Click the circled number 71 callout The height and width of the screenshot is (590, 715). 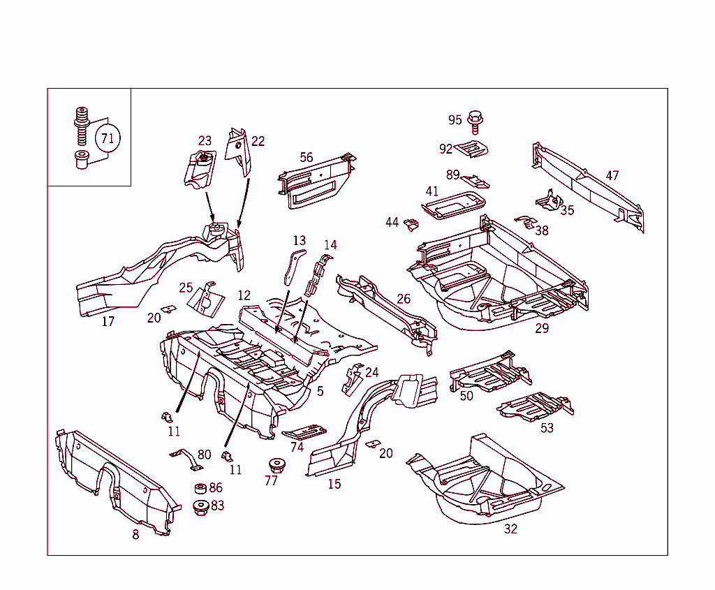(x=107, y=138)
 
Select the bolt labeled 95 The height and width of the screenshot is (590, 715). (x=476, y=121)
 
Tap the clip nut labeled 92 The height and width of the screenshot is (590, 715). (x=473, y=149)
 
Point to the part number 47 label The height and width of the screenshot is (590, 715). (x=612, y=176)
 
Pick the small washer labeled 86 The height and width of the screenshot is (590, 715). (x=199, y=488)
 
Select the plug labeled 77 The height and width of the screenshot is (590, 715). (x=274, y=466)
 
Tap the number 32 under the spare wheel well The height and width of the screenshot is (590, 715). (x=510, y=529)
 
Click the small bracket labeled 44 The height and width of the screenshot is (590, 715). (x=411, y=225)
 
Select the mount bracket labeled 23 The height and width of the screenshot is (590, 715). (x=199, y=168)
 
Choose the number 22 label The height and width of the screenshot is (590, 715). (x=258, y=141)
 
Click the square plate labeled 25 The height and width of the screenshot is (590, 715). (x=206, y=299)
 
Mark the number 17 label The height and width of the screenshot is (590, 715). (x=108, y=322)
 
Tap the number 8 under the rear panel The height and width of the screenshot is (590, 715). (x=135, y=535)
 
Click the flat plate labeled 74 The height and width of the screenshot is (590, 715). (x=305, y=431)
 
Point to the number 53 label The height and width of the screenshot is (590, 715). (x=547, y=427)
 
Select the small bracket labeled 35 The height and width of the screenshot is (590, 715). (x=550, y=201)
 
